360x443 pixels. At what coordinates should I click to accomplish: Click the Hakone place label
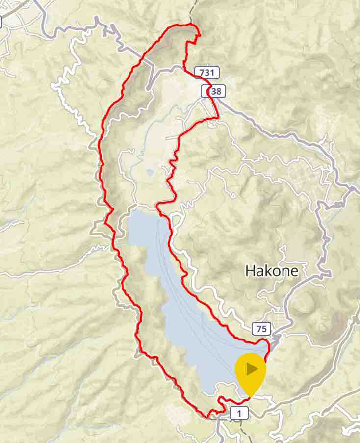pyautogui.click(x=271, y=270)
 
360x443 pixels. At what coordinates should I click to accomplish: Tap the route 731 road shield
pyautogui.click(x=206, y=73)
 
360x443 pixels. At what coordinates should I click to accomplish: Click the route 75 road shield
pyautogui.click(x=261, y=329)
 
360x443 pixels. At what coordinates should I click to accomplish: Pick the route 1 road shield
pyautogui.click(x=239, y=414)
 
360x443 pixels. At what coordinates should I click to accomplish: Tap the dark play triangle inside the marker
pyautogui.click(x=252, y=368)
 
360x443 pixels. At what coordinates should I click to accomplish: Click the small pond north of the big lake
pyautogui.click(x=149, y=172)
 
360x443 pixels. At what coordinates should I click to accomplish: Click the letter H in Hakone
pyautogui.click(x=250, y=270)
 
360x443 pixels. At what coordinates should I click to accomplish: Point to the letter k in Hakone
pyautogui.click(x=268, y=270)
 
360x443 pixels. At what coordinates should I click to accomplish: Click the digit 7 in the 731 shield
pyautogui.click(x=202, y=73)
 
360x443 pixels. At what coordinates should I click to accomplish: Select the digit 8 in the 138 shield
pyautogui.click(x=218, y=91)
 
